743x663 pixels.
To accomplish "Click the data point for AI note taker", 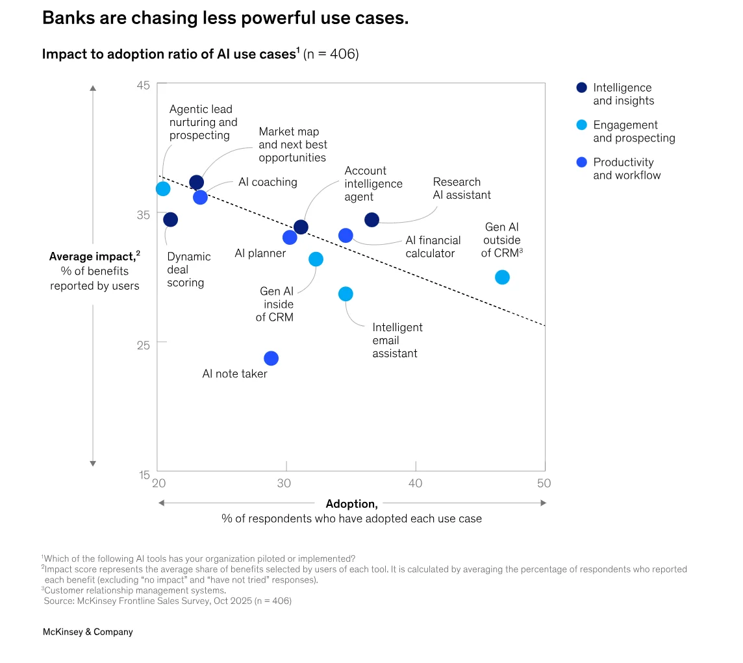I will [271, 358].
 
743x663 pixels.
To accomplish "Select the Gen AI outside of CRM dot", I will [502, 277].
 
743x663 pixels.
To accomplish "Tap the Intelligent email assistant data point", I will [346, 294].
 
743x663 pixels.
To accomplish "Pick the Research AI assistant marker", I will [371, 220].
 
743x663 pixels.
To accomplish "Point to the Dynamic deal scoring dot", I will [170, 219].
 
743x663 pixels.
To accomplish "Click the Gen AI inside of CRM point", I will [316, 259].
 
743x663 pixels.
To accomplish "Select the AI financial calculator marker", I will [346, 235].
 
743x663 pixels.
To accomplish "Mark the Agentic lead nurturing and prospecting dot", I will [163, 189].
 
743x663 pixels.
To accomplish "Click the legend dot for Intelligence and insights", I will [582, 88].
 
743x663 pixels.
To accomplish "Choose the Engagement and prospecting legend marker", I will [582, 125].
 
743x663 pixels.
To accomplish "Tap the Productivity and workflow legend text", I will [626, 169].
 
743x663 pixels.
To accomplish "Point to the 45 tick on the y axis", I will [144, 85].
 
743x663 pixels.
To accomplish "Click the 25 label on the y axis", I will [144, 344].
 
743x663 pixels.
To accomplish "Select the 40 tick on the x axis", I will [415, 483].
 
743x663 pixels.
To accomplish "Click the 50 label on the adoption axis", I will [544, 483].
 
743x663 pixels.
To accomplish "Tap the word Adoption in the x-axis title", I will [351, 504].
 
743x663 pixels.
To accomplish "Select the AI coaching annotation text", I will [268, 182].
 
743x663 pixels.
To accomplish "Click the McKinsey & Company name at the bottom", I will [88, 632].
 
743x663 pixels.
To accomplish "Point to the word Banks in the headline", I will [64, 18].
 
